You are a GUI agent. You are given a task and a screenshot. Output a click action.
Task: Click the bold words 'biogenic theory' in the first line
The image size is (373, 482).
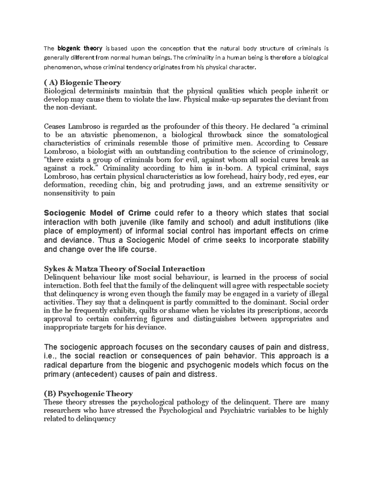[x=80, y=48]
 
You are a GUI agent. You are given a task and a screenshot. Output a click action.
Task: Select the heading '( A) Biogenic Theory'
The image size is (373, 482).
[x=82, y=83]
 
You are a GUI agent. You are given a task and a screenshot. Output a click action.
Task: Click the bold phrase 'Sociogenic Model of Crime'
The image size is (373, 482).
[x=97, y=213]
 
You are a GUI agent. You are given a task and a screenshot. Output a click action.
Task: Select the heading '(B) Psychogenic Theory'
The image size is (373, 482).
[x=88, y=394]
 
